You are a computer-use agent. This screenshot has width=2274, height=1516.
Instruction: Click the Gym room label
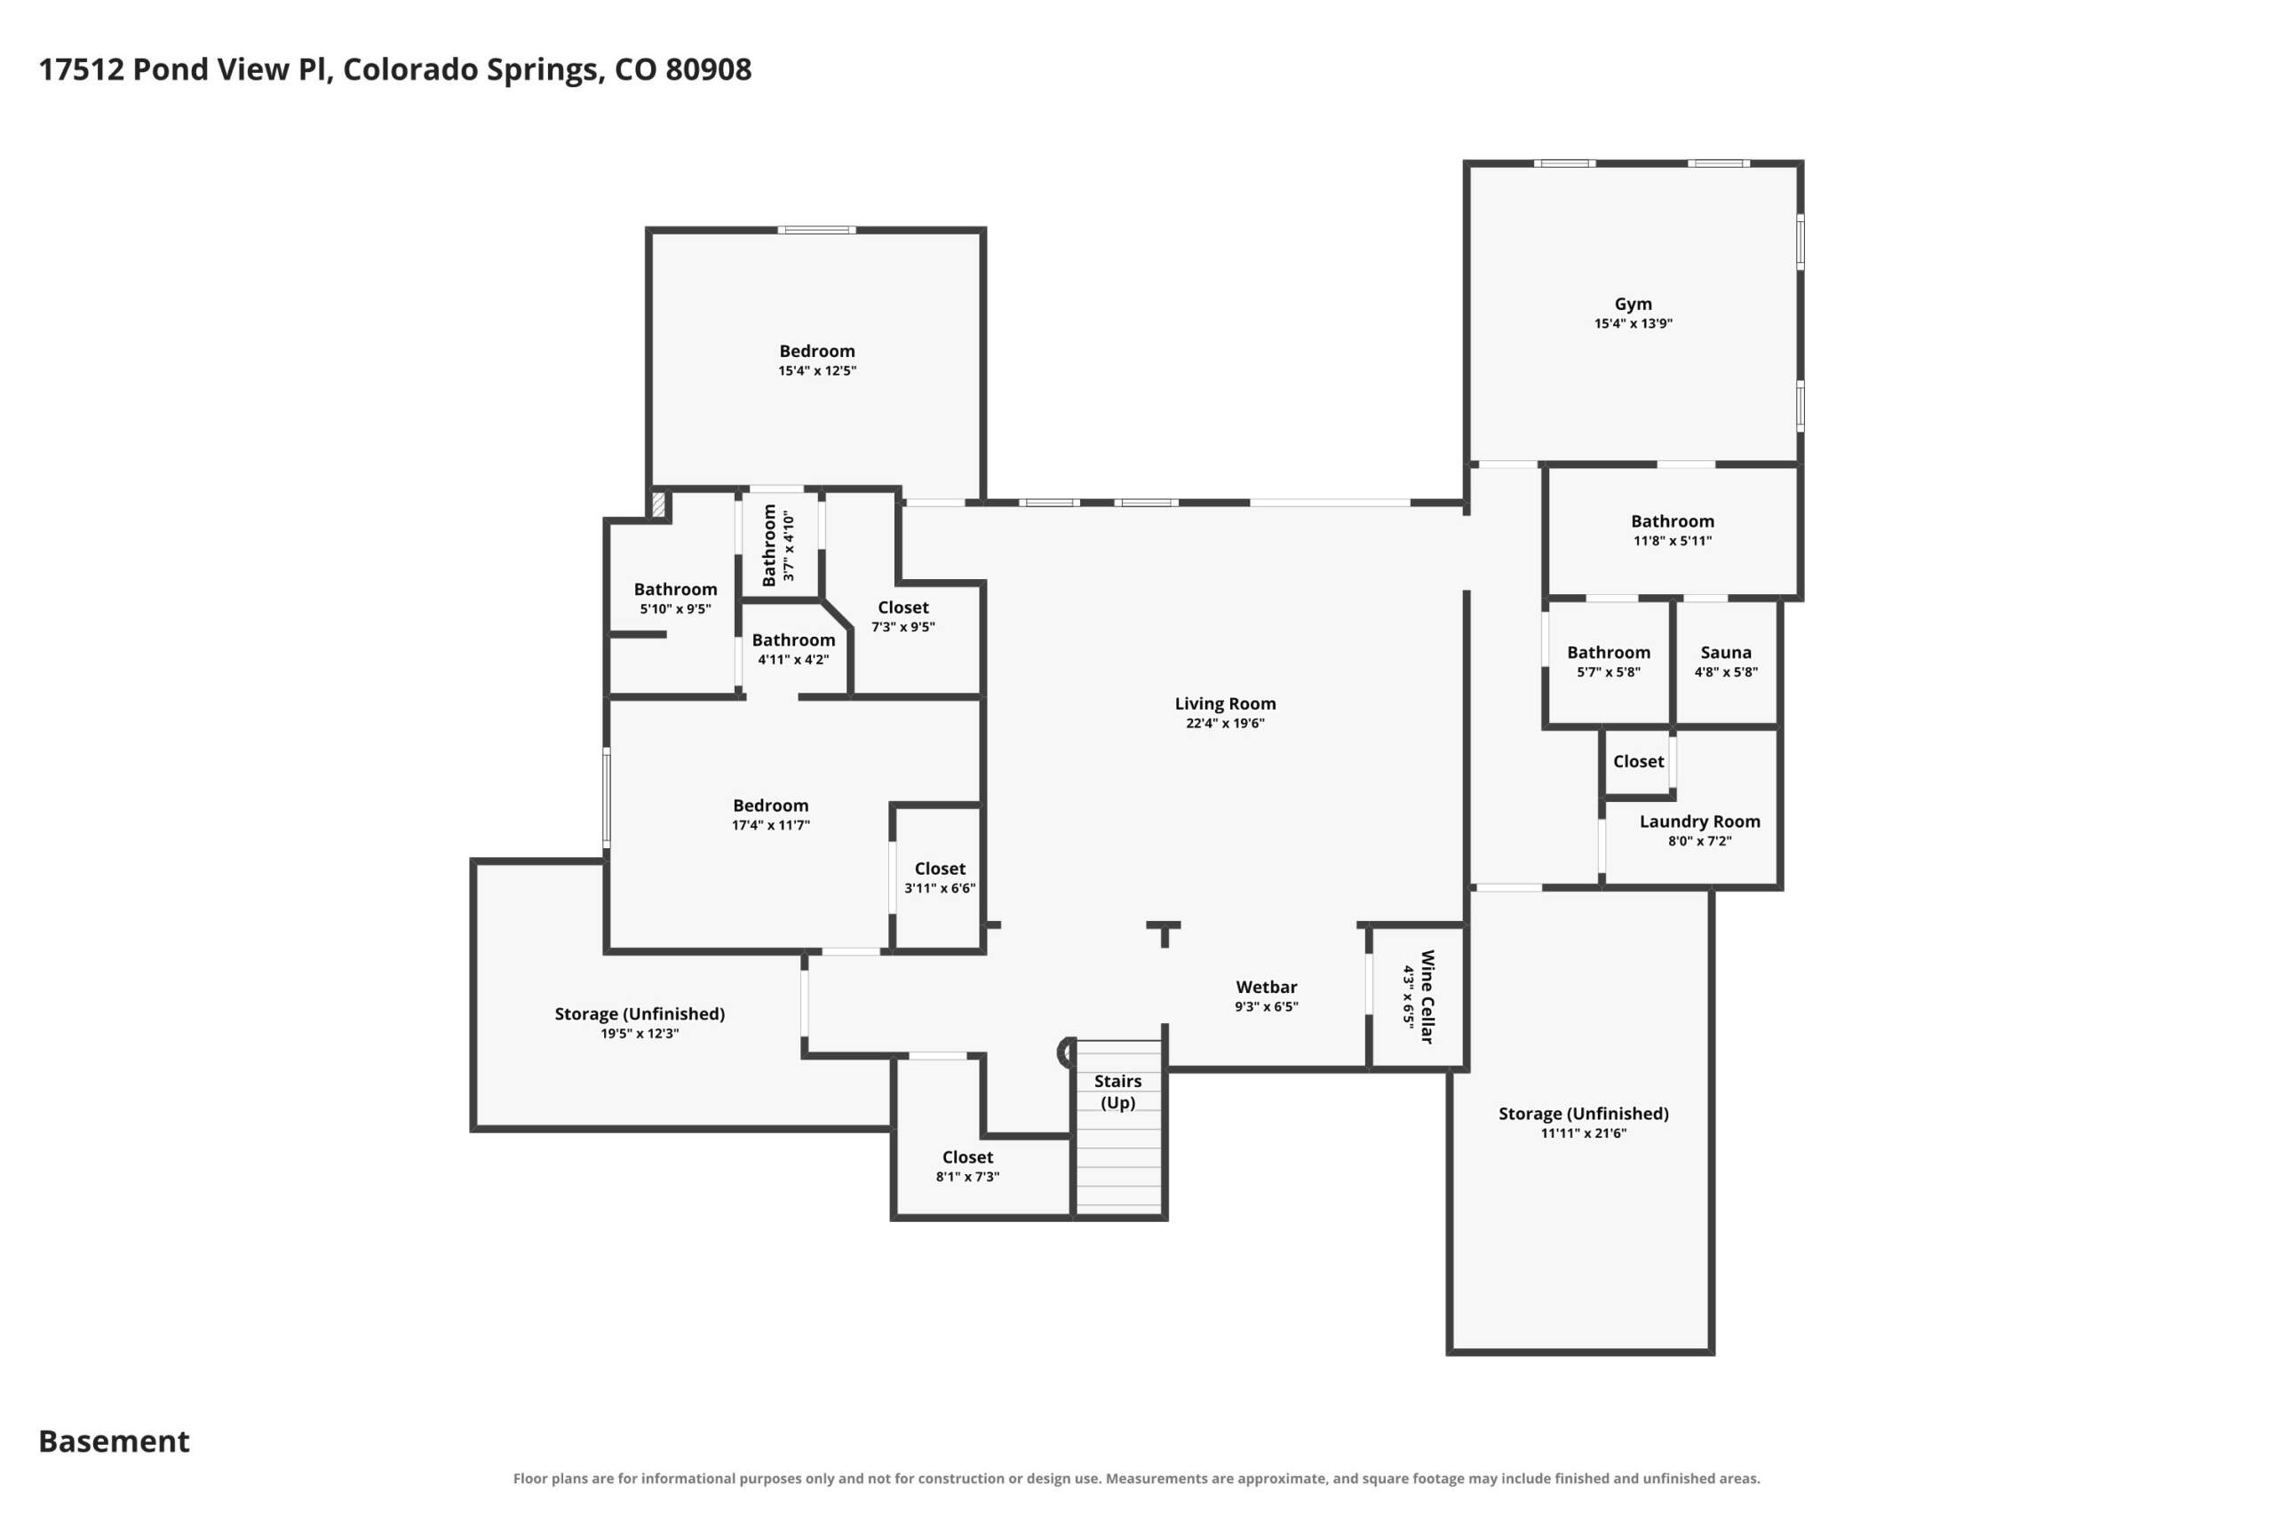(1633, 304)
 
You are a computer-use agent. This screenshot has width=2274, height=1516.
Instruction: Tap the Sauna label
(1726, 653)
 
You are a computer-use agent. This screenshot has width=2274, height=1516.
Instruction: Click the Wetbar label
(1267, 988)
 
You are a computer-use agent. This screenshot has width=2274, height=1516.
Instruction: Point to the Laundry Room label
(1699, 821)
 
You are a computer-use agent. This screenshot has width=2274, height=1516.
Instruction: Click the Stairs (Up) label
(1117, 1091)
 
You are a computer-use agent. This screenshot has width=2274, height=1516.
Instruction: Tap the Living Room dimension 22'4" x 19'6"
(1225, 723)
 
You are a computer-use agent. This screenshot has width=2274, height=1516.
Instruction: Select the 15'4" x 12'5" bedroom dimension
(817, 370)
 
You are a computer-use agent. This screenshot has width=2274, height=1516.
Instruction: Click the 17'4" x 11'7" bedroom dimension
(770, 825)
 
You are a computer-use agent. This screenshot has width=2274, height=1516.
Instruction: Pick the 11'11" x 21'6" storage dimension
(1584, 1133)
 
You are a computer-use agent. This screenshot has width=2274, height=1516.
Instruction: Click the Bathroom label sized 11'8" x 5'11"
(1673, 521)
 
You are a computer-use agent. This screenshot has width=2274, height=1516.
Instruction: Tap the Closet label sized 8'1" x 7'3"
(968, 1157)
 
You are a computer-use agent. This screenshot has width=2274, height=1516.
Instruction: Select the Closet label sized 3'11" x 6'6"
(940, 869)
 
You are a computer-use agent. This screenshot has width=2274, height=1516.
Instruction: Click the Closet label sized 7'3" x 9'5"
(903, 607)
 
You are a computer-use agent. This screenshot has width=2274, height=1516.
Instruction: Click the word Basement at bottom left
(114, 1441)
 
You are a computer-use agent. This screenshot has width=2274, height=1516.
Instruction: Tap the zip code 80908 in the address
(708, 69)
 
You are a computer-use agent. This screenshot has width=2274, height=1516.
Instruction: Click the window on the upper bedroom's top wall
(817, 230)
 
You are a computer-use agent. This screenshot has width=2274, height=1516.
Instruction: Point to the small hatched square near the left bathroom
(658, 505)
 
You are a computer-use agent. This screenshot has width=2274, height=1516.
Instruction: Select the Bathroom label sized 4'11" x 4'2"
(794, 640)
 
